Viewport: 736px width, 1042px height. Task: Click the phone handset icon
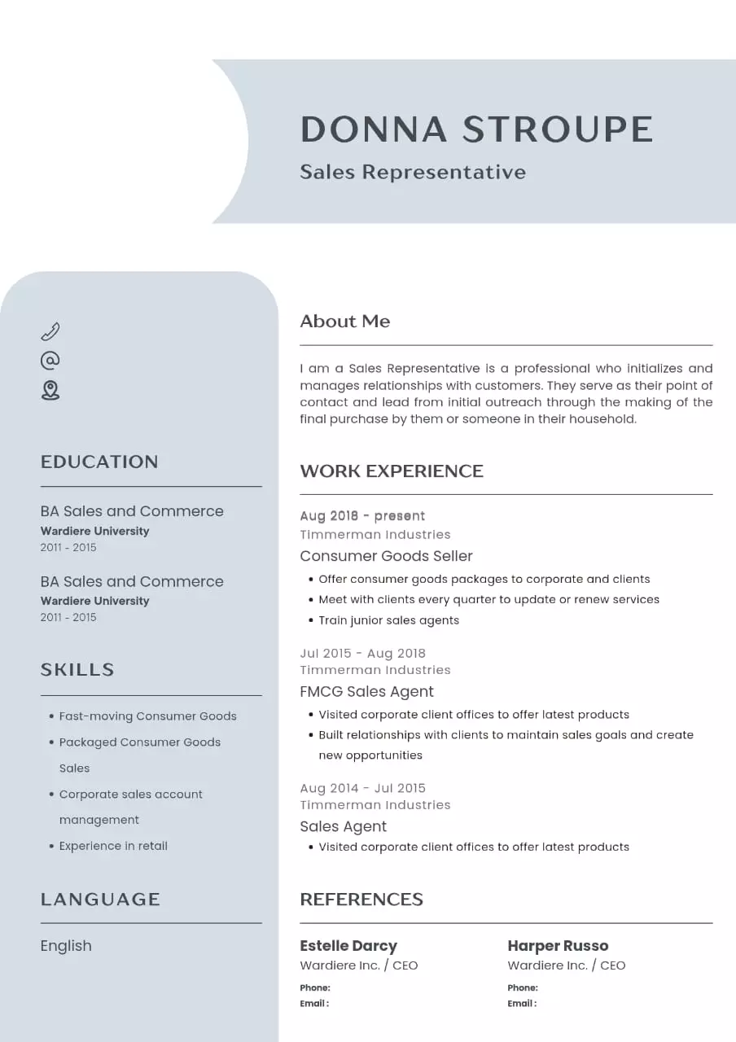50,331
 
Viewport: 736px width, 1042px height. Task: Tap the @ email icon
50,361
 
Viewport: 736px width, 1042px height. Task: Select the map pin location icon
50,390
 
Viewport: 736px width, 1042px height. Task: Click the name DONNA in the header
374,129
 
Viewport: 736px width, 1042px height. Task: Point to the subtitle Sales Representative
413,172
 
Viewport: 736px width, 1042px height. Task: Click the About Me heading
344,322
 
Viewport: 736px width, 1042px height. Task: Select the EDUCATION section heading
99,462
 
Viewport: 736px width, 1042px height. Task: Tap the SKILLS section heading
77,670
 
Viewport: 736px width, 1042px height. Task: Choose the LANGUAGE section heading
100,900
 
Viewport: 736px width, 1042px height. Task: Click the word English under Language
66,946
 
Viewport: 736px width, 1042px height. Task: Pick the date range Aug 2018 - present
362,516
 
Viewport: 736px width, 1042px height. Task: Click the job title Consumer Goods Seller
386,556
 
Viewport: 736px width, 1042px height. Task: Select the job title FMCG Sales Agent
366,692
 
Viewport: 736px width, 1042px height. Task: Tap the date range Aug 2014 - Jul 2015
362,788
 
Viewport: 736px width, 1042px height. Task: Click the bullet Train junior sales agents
388,620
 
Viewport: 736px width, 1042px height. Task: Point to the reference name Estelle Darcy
348,946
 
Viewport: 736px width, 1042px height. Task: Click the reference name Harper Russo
558,946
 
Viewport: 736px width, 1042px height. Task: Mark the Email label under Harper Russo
521,1004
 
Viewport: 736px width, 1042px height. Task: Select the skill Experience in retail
113,846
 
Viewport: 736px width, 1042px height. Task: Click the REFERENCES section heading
361,900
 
